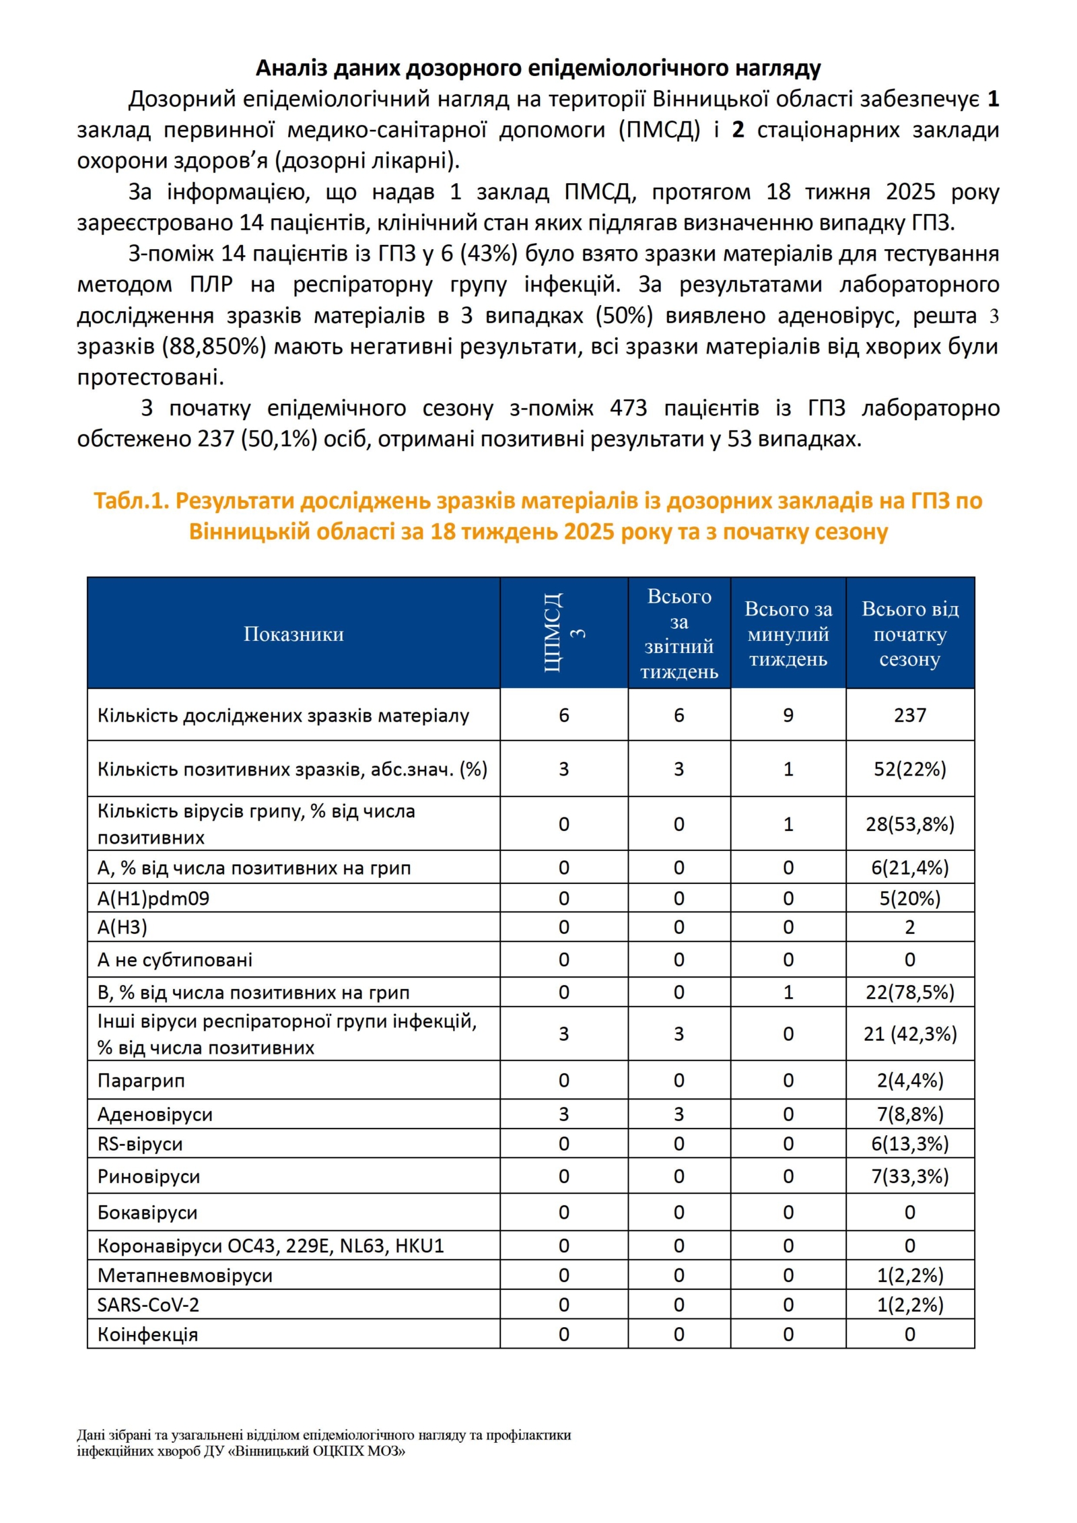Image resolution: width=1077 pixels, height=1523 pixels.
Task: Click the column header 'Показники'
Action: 293,634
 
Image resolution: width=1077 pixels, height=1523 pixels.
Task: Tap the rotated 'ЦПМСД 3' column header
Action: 563,633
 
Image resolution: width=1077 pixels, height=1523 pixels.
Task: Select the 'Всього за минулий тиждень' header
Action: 788,634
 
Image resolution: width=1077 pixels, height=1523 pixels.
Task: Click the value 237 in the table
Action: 909,715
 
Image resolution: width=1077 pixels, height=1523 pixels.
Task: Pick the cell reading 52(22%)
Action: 909,769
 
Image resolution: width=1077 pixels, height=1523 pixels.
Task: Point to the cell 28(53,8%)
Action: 909,824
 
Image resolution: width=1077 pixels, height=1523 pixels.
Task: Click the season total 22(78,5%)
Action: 909,992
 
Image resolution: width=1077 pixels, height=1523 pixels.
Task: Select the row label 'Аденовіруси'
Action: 155,1114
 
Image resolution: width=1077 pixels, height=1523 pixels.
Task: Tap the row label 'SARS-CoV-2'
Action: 148,1305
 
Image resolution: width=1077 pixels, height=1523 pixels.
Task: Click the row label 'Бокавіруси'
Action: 147,1213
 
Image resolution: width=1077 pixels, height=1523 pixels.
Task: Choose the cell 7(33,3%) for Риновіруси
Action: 909,1176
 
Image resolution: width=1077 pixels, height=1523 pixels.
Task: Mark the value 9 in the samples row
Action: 788,715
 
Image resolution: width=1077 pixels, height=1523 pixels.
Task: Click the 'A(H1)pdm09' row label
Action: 153,899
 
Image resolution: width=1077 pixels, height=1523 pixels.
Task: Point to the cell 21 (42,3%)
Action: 909,1034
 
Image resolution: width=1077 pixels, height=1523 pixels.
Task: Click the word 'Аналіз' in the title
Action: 291,68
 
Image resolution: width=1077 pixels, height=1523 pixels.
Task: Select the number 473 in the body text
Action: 628,408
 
